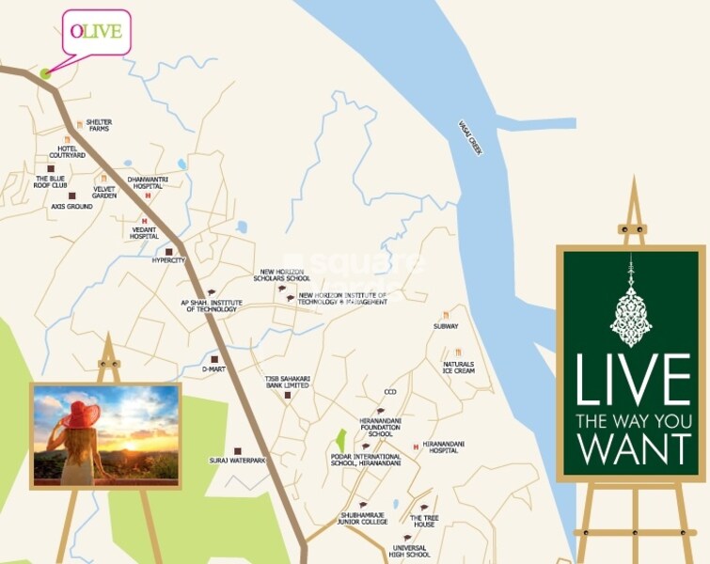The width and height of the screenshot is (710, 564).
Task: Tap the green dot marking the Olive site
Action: pos(45,73)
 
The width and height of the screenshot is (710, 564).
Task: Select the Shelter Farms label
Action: pos(99,125)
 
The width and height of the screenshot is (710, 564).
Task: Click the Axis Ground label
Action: pos(72,206)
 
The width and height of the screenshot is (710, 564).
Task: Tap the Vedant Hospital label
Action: pos(144,232)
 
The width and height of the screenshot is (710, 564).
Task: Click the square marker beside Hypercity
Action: pos(169,252)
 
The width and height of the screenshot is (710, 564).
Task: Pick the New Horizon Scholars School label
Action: pos(285,275)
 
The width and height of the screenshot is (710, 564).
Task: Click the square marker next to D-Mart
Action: pos(214,359)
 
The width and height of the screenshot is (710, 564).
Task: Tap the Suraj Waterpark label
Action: pos(238,461)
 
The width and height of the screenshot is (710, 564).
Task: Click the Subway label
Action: pos(446,326)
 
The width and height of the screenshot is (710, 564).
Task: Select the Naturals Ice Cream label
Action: pos(459,368)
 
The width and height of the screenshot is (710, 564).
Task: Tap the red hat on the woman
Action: pos(80,415)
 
